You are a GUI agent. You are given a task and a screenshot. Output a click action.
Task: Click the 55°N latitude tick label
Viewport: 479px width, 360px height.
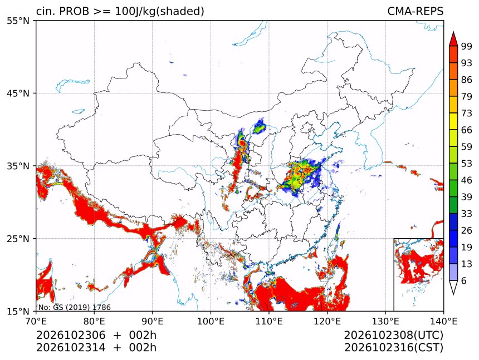click(x=18, y=21)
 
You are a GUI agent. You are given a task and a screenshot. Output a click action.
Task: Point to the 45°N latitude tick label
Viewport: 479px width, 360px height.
click(x=18, y=93)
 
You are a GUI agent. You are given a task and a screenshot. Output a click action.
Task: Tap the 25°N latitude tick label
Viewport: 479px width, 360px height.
click(x=18, y=238)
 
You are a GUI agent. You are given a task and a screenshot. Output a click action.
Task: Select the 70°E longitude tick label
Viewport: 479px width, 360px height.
click(x=36, y=321)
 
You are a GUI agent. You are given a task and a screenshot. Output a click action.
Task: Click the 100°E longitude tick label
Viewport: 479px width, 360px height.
click(x=211, y=321)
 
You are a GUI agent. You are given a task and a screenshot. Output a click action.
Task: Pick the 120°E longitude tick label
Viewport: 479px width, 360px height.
click(x=327, y=321)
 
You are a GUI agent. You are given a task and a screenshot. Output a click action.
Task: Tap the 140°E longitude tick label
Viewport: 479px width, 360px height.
click(x=443, y=321)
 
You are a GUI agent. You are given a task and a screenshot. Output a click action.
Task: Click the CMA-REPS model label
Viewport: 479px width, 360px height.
click(x=415, y=11)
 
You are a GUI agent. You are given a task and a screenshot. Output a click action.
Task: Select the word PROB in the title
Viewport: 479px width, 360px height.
click(x=74, y=11)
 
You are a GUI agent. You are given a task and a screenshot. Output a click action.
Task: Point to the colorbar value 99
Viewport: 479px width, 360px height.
click(x=467, y=46)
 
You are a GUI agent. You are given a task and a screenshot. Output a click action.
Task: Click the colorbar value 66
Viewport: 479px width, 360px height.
click(x=467, y=130)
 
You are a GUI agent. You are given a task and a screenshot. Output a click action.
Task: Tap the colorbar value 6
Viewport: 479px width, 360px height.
click(x=464, y=280)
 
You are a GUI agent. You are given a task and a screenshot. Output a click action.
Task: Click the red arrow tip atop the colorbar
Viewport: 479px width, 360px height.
click(x=453, y=32)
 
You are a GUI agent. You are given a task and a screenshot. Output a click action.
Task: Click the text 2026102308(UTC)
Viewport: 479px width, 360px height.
click(x=393, y=336)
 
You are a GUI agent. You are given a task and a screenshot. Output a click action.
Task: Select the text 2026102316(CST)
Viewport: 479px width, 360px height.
click(x=393, y=348)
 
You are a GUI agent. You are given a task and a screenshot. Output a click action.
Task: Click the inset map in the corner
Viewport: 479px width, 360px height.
click(x=418, y=274)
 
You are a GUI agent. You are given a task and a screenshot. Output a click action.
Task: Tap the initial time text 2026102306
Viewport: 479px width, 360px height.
click(x=71, y=335)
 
